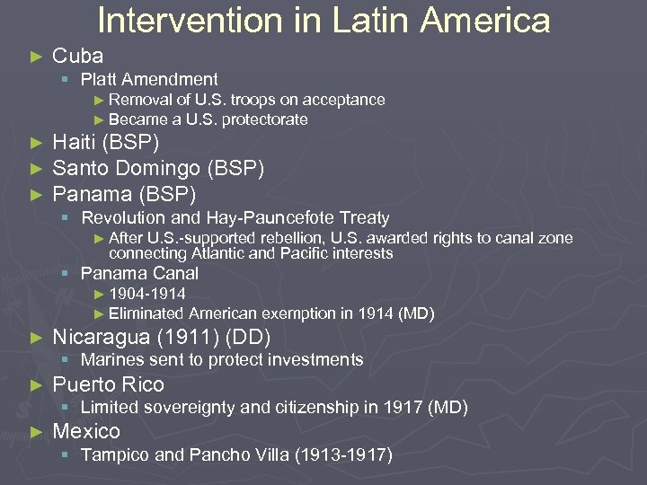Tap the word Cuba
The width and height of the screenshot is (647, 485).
click(78, 56)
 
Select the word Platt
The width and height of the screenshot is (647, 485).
click(101, 80)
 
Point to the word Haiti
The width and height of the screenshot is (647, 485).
click(74, 143)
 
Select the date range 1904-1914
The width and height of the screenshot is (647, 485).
click(147, 295)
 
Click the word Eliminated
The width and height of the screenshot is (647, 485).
click(146, 313)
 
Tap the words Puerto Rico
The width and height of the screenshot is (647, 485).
click(109, 384)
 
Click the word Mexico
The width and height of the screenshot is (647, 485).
click(86, 431)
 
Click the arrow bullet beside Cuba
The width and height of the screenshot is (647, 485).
click(36, 57)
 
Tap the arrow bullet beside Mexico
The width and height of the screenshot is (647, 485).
click(36, 432)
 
